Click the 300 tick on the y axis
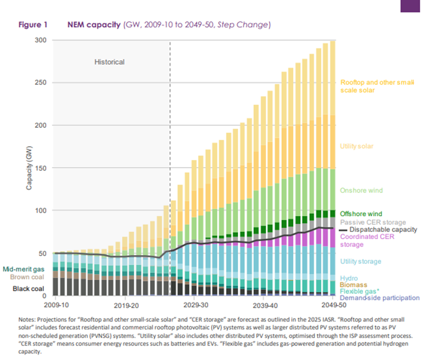(41, 40)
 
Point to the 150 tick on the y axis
(41, 168)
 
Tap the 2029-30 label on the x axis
(196, 306)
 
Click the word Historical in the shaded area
(109, 62)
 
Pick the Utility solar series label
(357, 146)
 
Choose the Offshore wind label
(361, 214)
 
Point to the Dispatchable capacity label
(383, 230)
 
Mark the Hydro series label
(349, 278)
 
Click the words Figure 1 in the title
(33, 25)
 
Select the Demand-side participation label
(380, 298)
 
